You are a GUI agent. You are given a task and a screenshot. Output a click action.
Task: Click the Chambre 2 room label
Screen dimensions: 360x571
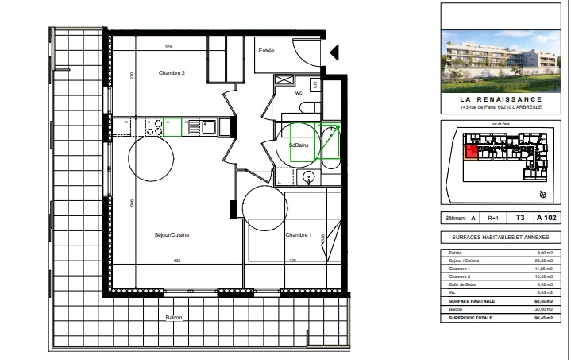tap(172, 73)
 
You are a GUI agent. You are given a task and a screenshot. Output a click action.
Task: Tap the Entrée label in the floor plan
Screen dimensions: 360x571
tap(266, 51)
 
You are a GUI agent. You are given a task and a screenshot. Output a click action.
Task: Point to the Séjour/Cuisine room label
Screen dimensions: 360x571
tap(171, 235)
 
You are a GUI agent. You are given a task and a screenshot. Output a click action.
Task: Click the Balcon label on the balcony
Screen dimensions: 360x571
tap(174, 318)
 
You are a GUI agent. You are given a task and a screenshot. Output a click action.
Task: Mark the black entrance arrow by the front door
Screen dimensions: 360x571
tap(334, 52)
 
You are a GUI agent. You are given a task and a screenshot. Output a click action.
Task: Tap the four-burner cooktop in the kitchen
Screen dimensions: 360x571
tap(154, 125)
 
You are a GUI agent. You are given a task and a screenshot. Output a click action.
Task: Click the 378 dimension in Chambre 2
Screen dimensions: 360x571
tap(168, 48)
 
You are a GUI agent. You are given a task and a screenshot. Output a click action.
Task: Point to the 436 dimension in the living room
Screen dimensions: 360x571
tap(177, 261)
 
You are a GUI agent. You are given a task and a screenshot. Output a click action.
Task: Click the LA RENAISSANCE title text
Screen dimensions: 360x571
tap(504, 99)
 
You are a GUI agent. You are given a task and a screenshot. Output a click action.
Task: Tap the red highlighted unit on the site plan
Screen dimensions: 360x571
tap(471, 153)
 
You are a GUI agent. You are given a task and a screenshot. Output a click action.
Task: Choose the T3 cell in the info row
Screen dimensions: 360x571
tap(520, 217)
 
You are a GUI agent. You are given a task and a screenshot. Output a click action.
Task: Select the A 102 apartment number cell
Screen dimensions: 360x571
tap(547, 217)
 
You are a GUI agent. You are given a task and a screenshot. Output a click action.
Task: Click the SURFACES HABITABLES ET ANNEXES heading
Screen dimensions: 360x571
tap(504, 238)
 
